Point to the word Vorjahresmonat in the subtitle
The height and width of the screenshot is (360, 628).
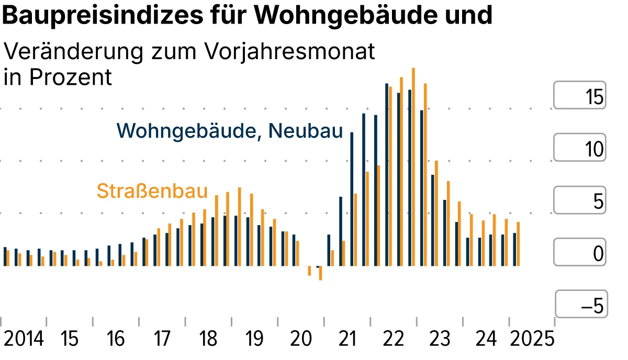(290, 52)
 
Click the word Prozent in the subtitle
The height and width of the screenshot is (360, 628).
(71, 77)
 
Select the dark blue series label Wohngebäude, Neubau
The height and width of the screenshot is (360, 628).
(230, 130)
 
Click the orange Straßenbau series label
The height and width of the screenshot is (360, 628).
(152, 191)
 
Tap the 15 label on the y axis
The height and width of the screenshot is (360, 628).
(594, 97)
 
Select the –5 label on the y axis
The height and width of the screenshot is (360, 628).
(592, 306)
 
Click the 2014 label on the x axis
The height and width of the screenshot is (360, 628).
(24, 339)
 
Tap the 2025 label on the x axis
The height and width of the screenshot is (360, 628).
(532, 339)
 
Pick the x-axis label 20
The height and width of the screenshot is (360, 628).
(301, 339)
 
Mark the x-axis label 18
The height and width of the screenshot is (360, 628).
(208, 339)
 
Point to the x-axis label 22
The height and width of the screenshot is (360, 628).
(394, 339)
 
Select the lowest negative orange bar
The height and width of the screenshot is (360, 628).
(320, 273)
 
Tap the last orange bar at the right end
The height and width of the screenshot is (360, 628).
(518, 244)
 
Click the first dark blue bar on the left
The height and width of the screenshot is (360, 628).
(5, 256)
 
